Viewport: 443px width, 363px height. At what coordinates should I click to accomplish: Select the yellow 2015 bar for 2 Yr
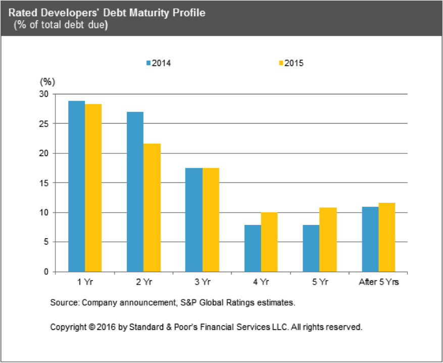(152, 207)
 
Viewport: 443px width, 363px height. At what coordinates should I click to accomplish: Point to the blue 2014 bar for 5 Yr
(311, 248)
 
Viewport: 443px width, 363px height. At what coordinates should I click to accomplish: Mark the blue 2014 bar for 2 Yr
(135, 192)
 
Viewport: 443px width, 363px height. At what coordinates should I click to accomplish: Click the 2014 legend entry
(159, 63)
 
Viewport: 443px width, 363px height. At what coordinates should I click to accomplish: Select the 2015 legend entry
(291, 63)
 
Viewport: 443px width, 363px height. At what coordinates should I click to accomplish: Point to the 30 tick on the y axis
(45, 94)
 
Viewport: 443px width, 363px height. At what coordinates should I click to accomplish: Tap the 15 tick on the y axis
(45, 183)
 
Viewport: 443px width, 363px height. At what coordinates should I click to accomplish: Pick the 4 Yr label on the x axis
(261, 282)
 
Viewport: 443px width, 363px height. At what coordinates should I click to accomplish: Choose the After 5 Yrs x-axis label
(378, 282)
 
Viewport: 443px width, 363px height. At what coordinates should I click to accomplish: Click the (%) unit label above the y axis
(47, 81)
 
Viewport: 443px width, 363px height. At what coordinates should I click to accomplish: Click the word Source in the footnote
(63, 303)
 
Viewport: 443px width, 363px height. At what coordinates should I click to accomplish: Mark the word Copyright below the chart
(68, 327)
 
